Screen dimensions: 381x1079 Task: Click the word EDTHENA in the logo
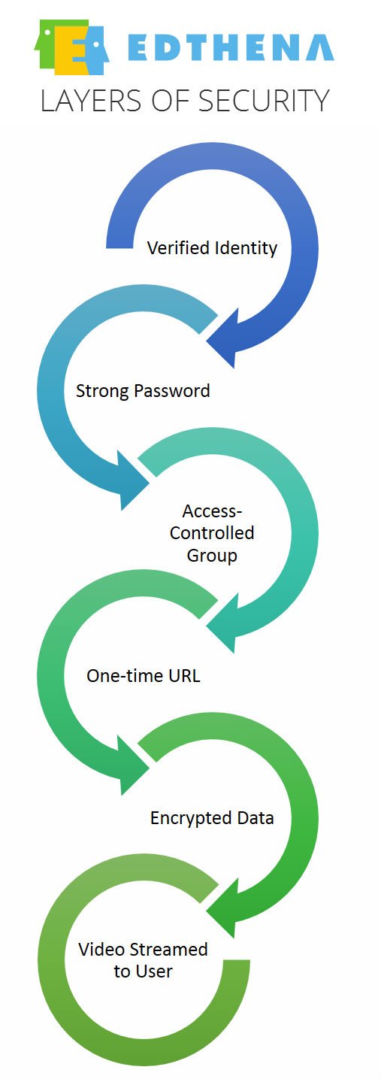[x=231, y=47]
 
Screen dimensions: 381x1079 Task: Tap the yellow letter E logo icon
[x=71, y=47]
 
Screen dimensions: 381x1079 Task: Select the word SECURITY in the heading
[x=264, y=102]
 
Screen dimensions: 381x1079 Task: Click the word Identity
[x=246, y=249]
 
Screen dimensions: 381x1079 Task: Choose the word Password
[x=172, y=391]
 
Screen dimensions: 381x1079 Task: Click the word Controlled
[x=212, y=533]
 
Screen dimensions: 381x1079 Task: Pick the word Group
[x=212, y=556]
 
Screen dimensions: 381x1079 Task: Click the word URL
[x=184, y=676]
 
